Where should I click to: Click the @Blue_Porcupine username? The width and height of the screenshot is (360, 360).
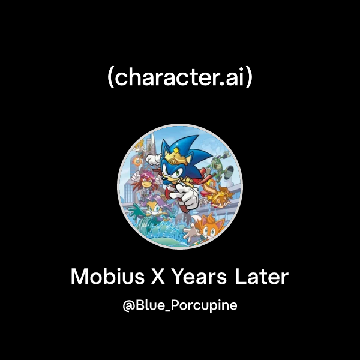[180, 305]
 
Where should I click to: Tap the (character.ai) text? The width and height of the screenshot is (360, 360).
[180, 79]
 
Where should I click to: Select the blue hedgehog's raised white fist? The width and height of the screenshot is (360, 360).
[154, 160]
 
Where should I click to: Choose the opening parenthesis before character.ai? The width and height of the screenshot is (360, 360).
[110, 79]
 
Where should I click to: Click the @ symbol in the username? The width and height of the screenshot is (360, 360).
[128, 306]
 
